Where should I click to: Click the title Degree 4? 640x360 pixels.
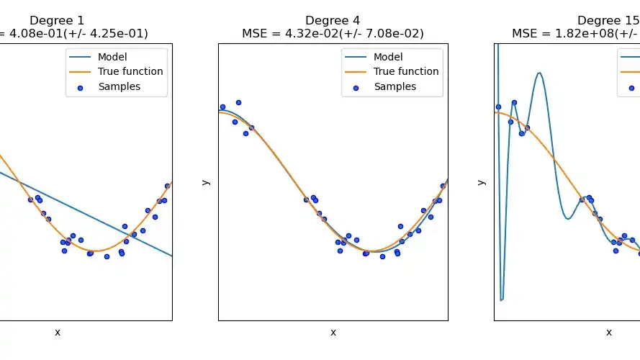tap(333, 20)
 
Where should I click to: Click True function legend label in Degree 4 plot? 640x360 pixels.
tap(406, 71)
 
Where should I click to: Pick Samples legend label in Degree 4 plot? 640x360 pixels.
tap(395, 86)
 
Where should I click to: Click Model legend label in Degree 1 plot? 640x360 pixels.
tap(114, 57)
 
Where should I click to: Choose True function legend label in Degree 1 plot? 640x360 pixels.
tap(130, 71)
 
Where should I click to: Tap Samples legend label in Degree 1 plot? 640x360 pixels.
tap(119, 86)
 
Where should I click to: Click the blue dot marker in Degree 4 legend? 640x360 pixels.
tap(356, 87)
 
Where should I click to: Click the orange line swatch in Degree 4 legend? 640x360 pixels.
tap(356, 72)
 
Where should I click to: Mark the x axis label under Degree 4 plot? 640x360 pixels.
tap(333, 332)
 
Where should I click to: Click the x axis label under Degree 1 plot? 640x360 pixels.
tap(58, 332)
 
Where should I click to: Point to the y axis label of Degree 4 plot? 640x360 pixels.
tap(206, 182)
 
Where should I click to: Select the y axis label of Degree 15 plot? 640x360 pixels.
tap(482, 182)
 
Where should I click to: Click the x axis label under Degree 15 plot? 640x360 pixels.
tap(608, 332)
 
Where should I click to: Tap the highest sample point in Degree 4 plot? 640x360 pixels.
tap(238, 102)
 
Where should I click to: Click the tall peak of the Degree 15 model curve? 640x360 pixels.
tap(538, 73)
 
